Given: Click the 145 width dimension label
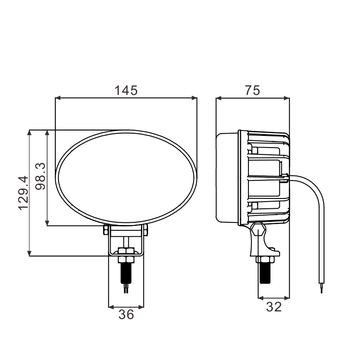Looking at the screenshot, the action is click(126, 90).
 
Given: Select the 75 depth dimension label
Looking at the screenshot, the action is click(252, 90).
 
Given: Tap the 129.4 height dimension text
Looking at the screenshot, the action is click(23, 193).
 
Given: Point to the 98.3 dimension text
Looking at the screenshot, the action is click(40, 176).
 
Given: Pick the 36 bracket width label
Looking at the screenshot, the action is click(126, 314).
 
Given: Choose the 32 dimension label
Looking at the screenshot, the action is click(274, 307).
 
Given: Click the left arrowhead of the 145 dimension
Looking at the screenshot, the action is click(58, 98).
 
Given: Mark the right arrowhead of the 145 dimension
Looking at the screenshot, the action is click(194, 98).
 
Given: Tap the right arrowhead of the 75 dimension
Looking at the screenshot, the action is click(287, 98).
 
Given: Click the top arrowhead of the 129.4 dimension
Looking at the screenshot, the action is click(29, 133).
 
